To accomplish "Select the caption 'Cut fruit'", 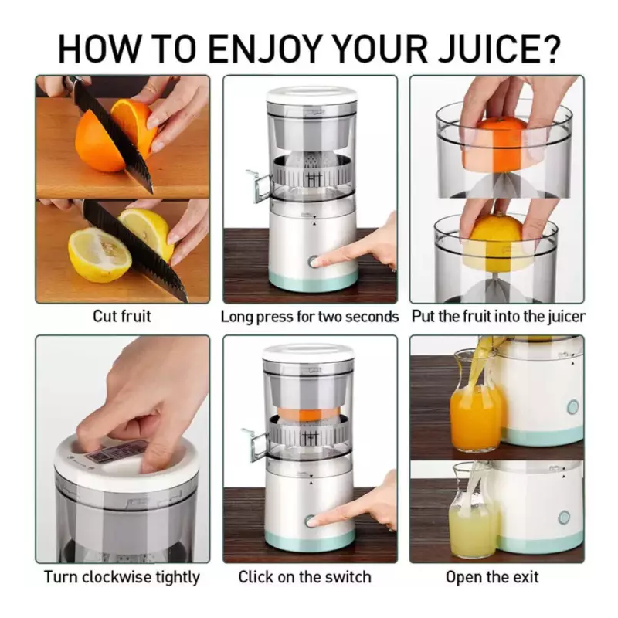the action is pyautogui.click(x=122, y=316).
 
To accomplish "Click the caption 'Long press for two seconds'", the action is pyautogui.click(x=310, y=317).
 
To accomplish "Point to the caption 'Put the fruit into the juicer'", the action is pyautogui.click(x=498, y=317).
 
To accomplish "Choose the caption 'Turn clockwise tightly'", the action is pyautogui.click(x=122, y=577).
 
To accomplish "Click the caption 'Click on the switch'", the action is pyautogui.click(x=304, y=577).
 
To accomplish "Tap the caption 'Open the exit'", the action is pyautogui.click(x=492, y=577).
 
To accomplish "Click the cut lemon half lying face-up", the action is pyautogui.click(x=99, y=255).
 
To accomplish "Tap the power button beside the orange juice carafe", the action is pyautogui.click(x=572, y=407).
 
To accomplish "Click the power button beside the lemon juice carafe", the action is pyautogui.click(x=564, y=517).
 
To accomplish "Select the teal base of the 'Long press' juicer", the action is pyautogui.click(x=313, y=280).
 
